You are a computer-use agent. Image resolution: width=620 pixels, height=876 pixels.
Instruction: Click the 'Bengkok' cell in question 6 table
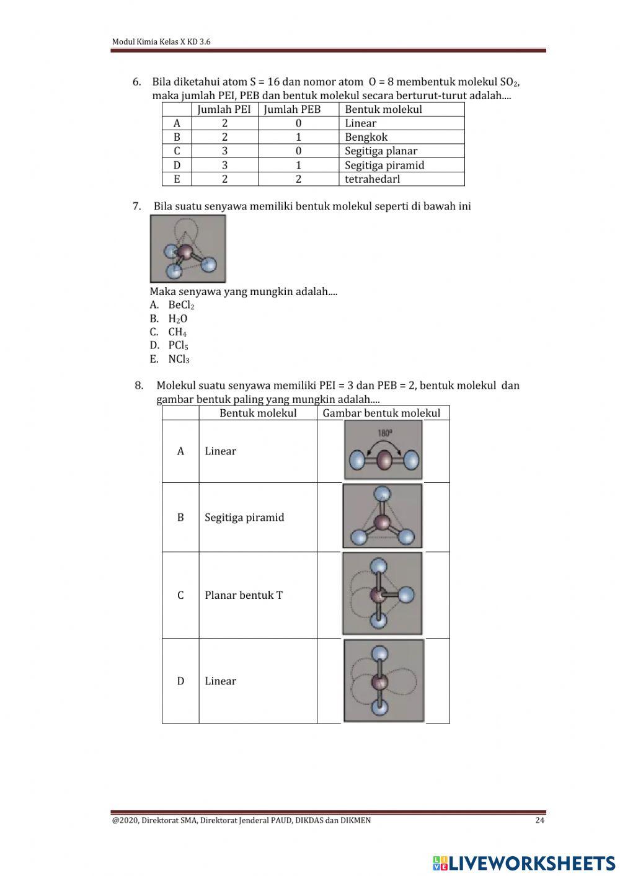click(366, 137)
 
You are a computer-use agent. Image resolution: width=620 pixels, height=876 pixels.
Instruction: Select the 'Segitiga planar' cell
click(381, 151)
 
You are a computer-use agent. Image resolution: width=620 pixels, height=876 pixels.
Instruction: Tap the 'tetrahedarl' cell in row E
click(372, 179)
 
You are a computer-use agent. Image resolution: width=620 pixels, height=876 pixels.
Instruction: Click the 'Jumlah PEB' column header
click(292, 109)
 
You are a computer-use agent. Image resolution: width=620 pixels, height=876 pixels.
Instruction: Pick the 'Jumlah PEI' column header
click(224, 109)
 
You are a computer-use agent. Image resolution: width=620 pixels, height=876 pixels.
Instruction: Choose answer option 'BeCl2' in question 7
click(180, 305)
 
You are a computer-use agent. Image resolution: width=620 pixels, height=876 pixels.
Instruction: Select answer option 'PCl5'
click(177, 345)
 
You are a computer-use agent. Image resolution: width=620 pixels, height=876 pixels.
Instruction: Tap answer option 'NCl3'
click(178, 359)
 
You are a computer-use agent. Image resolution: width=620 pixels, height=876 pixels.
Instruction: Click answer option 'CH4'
click(177, 332)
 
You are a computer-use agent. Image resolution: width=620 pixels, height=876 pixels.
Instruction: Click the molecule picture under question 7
click(187, 249)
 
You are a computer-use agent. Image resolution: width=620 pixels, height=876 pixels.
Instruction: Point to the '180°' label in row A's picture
click(384, 434)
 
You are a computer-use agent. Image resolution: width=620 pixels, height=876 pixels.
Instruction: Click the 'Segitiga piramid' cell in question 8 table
click(244, 518)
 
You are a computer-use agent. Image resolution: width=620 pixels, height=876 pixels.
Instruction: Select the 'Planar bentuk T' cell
click(244, 595)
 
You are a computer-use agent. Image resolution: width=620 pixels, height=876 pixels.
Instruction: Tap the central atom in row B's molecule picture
click(383, 521)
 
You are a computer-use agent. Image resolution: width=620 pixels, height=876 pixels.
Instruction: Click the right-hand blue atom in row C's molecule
click(406, 595)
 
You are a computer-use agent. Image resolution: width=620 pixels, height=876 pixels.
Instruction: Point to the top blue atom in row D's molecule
click(379, 653)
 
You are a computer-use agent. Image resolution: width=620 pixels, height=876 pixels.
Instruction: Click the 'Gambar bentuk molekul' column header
click(381, 413)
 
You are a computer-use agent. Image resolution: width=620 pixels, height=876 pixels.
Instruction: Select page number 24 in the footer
click(539, 820)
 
